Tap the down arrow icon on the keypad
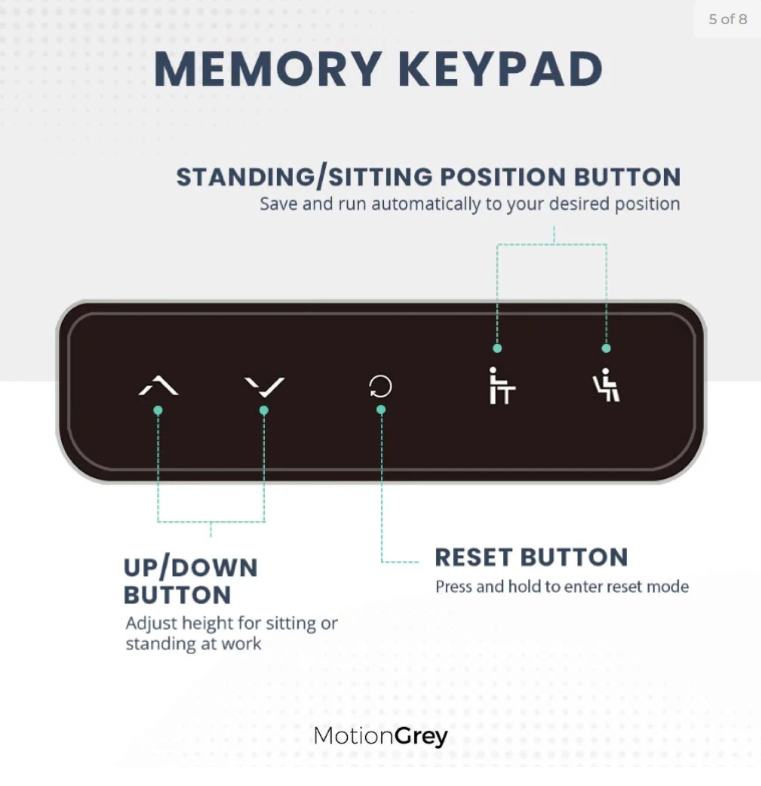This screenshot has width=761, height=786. (x=265, y=387)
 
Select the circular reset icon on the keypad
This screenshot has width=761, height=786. (x=380, y=386)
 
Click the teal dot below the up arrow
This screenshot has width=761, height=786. (x=158, y=410)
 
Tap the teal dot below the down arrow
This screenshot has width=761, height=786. (x=264, y=410)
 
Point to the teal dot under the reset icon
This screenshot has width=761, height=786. (x=381, y=410)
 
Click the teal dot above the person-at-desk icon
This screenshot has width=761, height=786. (x=498, y=348)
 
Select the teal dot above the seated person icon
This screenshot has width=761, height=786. (x=606, y=348)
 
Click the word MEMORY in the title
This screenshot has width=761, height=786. (x=267, y=69)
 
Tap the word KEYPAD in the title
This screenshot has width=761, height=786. (x=501, y=69)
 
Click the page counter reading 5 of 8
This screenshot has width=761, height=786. (x=728, y=19)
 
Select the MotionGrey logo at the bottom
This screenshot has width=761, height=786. (x=380, y=736)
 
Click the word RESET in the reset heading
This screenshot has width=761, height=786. (x=474, y=557)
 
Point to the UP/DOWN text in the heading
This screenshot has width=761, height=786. (x=190, y=568)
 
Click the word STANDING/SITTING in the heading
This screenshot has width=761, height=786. (x=304, y=177)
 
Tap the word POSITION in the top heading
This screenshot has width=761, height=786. (x=502, y=177)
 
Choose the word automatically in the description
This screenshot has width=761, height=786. (x=426, y=204)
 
